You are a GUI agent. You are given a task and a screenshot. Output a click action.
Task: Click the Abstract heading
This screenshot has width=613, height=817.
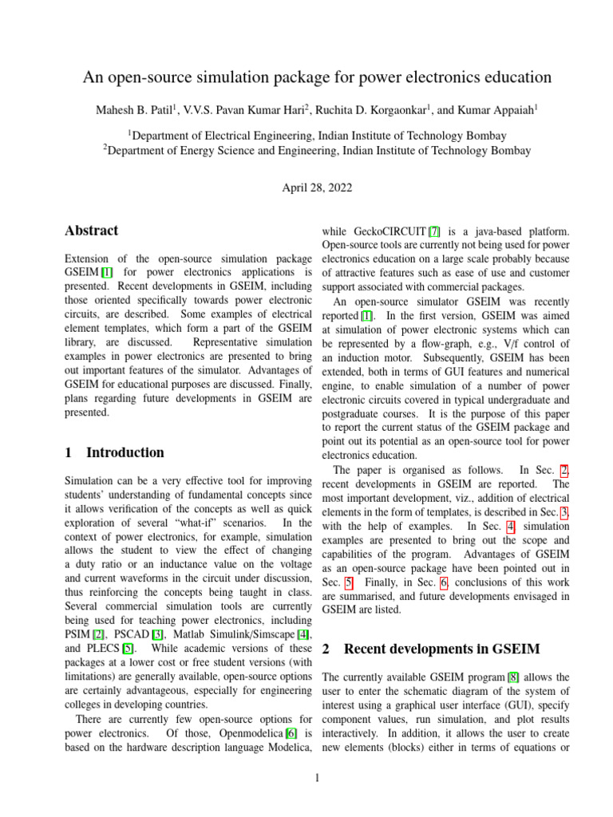coord(91,231)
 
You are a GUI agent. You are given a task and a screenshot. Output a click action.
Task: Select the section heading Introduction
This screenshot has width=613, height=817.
coord(125,452)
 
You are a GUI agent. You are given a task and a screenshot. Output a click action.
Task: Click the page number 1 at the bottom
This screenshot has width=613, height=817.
coord(317,778)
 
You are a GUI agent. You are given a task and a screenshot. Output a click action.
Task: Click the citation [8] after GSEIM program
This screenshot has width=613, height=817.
coord(513,677)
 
